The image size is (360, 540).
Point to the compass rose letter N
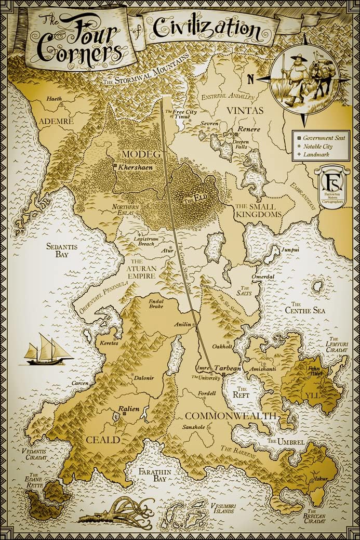(x=250, y=80)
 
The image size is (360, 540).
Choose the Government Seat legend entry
(x=325, y=139)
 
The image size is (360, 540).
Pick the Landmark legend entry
(x=321, y=155)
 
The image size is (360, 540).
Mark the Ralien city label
(x=129, y=409)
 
